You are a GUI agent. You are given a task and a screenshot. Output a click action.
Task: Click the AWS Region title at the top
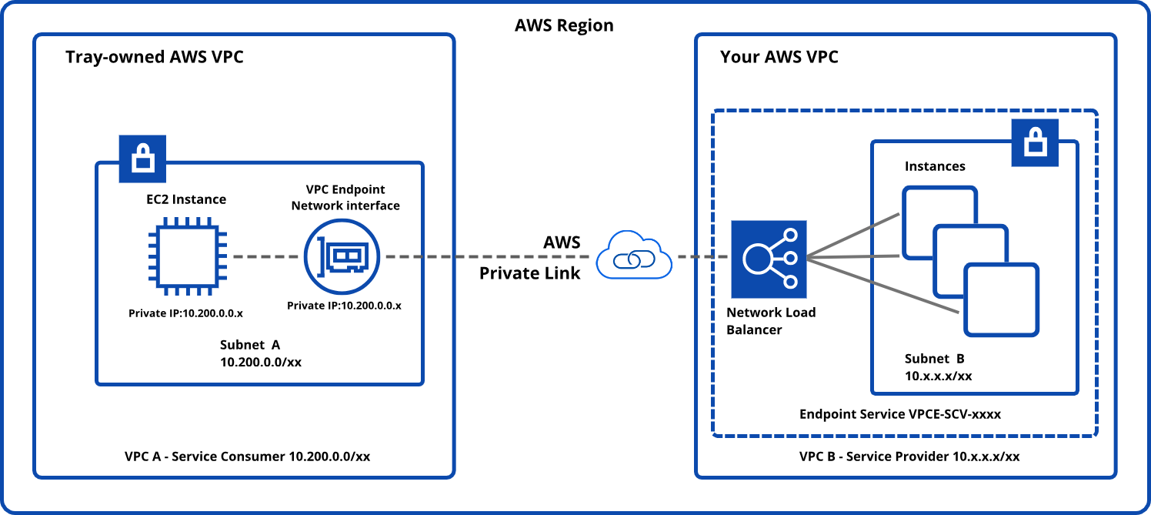click(564, 25)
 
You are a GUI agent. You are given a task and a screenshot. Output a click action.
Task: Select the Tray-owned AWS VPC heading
click(155, 57)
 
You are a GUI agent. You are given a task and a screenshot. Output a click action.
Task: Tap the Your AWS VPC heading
click(779, 57)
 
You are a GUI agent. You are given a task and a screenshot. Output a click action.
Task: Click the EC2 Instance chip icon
click(187, 256)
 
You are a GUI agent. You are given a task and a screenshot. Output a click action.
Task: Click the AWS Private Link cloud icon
click(633, 256)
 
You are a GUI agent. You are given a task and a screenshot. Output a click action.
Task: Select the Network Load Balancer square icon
click(769, 259)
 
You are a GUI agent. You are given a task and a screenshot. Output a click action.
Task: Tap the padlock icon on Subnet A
click(142, 159)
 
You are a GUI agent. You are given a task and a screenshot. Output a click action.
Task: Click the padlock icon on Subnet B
click(1034, 142)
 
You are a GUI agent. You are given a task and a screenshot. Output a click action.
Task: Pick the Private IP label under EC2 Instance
click(186, 313)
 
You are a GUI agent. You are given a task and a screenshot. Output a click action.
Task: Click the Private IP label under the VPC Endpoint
click(344, 306)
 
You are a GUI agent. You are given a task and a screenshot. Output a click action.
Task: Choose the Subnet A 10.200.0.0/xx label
click(260, 353)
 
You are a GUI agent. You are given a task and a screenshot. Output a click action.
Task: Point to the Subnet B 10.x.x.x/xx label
click(938, 367)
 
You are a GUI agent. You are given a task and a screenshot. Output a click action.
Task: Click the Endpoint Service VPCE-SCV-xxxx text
click(900, 414)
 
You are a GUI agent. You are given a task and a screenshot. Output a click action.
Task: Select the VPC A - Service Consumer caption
click(247, 456)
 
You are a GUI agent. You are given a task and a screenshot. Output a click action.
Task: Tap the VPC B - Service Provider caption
click(909, 456)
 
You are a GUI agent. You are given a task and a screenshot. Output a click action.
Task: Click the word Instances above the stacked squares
click(935, 166)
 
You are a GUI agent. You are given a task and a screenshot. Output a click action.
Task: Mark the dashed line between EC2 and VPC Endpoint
click(266, 256)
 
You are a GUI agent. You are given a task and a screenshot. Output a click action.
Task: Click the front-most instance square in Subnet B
click(1002, 299)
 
